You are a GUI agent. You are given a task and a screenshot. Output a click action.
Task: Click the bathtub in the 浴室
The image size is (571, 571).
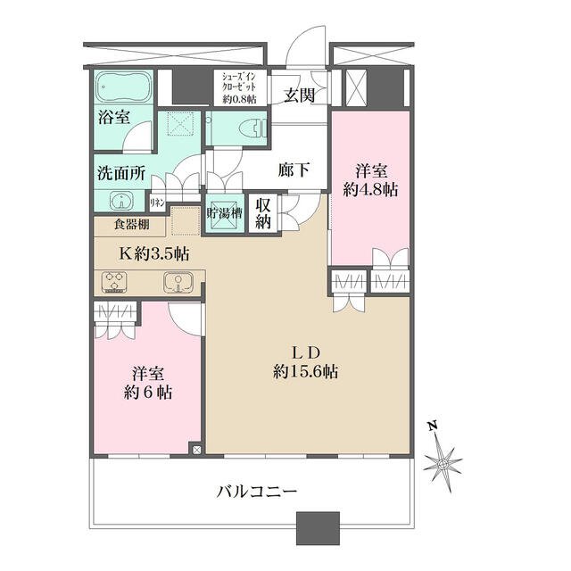(x=123, y=87)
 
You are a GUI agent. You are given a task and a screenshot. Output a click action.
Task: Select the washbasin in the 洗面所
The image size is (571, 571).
(x=121, y=201)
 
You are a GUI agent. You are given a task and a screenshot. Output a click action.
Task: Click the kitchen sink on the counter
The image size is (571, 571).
(x=178, y=283)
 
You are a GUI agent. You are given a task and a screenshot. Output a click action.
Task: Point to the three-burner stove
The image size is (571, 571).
(x=115, y=282)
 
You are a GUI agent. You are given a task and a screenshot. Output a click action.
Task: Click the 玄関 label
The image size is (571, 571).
(x=299, y=95)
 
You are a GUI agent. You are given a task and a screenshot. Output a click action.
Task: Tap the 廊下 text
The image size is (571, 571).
(x=294, y=170)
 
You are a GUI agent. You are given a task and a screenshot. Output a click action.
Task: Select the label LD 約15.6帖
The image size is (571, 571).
(x=305, y=362)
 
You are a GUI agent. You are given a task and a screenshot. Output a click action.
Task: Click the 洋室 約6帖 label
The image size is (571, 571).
(x=147, y=383)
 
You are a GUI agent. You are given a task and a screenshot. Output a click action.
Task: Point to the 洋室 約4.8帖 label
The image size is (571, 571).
(x=371, y=180)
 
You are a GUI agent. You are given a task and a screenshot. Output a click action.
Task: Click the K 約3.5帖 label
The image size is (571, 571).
(x=154, y=253)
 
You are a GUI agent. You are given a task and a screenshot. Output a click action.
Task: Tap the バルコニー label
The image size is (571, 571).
(x=257, y=492)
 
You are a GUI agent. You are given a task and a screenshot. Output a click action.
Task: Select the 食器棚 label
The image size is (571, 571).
(x=131, y=224)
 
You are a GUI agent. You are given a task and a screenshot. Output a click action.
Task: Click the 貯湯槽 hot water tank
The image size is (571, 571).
(x=224, y=213)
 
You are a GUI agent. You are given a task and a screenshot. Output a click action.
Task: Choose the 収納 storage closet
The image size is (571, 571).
(x=263, y=214)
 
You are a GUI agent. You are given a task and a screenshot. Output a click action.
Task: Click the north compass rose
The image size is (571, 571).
(x=443, y=464)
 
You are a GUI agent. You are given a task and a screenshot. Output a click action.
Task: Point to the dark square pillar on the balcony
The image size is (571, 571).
(x=318, y=528)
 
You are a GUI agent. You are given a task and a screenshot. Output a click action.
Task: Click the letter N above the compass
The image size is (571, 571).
(x=432, y=426)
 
